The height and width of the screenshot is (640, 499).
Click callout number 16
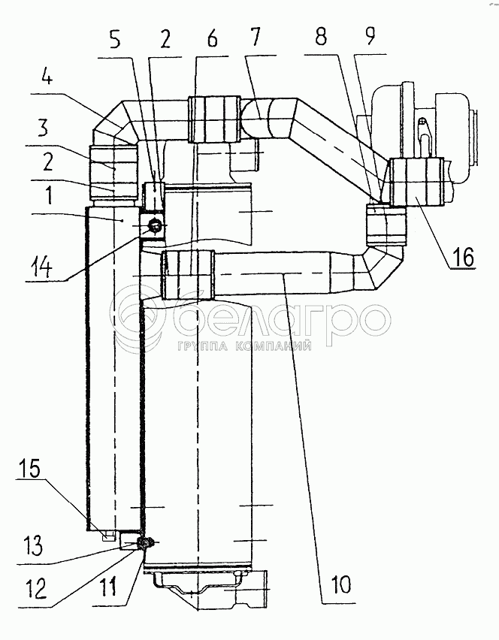tap(463, 257)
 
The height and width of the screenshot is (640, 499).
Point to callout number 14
tap(41, 268)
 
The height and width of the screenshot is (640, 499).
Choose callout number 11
tap(107, 587)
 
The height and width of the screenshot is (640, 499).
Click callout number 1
tap(49, 195)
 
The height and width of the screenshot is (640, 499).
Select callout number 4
tap(47, 77)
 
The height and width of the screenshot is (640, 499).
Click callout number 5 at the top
tap(115, 40)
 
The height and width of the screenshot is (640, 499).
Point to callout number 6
tap(212, 39)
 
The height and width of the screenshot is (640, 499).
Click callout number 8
tap(321, 37)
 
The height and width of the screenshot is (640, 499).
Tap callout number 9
tap(369, 36)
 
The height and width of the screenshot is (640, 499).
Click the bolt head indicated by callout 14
tap(155, 225)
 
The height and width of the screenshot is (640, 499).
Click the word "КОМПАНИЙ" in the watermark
tap(274, 346)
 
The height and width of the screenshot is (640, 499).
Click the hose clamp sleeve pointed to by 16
tap(417, 181)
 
